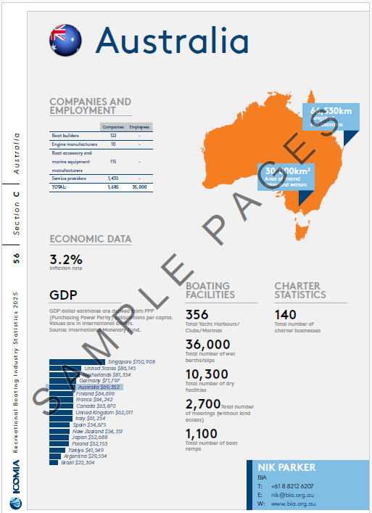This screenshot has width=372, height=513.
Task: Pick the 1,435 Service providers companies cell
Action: (x=112, y=178)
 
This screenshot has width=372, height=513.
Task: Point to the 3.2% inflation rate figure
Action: (x=66, y=259)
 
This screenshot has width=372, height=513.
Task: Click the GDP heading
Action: (x=63, y=295)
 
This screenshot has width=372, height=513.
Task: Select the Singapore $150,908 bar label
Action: (x=131, y=361)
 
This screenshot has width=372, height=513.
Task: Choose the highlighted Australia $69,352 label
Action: (x=99, y=387)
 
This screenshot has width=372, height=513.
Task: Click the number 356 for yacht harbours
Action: (x=197, y=314)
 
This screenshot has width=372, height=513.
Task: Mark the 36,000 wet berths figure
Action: (x=208, y=344)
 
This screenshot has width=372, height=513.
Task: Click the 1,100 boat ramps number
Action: (x=204, y=434)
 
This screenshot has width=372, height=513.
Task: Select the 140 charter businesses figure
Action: (x=286, y=314)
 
